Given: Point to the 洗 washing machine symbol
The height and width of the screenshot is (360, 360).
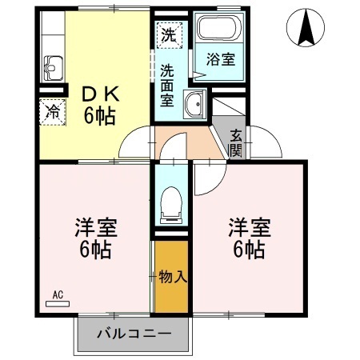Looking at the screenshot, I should point(168,34).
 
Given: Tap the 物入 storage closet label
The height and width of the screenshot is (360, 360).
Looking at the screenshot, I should point(172,278).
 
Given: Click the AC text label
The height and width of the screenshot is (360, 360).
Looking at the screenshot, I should point(58,294).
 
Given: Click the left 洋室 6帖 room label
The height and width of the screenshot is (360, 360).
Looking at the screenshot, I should point(94,237).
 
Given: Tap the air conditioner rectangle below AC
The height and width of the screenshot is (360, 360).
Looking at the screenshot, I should point(58,304).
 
